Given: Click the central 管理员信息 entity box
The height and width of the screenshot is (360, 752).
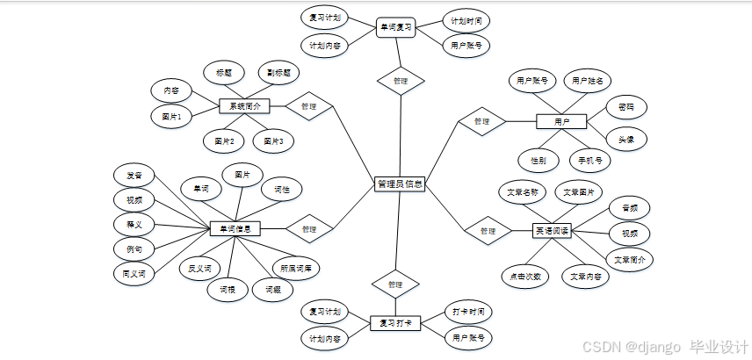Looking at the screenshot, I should tap(400, 184).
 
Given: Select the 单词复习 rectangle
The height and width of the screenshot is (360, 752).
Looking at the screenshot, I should tap(395, 28).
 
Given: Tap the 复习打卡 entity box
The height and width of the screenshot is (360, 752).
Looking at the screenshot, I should tap(394, 323).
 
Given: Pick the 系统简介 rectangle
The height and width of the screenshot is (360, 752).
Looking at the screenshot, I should tap(244, 106).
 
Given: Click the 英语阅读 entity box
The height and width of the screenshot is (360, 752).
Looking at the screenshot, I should tap(553, 231).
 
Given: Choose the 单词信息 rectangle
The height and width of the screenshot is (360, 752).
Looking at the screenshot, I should tap(235, 229).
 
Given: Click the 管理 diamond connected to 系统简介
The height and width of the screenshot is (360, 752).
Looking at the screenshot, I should tap(308, 106).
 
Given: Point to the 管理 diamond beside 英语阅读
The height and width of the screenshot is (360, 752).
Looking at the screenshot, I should tap(488, 231).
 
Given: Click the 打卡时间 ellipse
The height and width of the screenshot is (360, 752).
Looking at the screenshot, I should tap(467, 312).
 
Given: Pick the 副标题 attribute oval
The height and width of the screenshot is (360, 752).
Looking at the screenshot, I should tap(279, 72).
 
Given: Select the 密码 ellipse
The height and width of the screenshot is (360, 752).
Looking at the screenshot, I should tap(626, 107).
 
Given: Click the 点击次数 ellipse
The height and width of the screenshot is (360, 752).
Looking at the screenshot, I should tap(526, 276).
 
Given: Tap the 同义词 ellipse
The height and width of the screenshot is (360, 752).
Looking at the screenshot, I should tap(134, 274).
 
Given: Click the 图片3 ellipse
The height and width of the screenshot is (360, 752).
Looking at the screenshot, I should tap(274, 140).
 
